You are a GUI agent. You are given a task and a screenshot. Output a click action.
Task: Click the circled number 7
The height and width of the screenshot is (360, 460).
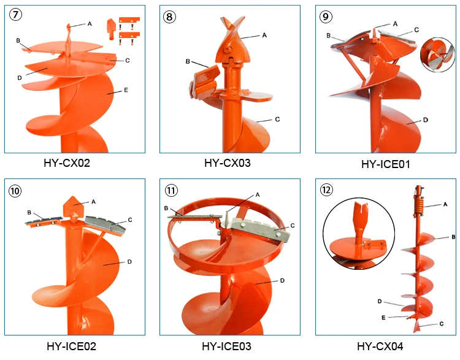15,14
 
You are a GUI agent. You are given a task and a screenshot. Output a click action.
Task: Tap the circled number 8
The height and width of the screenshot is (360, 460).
169,17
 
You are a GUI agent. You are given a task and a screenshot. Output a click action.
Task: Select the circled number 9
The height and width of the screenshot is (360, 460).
326,17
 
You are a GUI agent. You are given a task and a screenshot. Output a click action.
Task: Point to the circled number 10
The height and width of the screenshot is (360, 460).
15,191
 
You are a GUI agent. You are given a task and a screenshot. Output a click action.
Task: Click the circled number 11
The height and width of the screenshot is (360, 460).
171,190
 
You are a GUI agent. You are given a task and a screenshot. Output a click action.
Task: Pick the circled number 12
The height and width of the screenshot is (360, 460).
326,190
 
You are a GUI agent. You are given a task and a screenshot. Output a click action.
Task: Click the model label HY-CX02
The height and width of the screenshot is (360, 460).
67,163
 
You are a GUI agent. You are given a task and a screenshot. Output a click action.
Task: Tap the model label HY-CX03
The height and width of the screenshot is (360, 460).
228,163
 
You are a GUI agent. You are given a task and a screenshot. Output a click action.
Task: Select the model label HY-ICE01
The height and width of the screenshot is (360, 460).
386,164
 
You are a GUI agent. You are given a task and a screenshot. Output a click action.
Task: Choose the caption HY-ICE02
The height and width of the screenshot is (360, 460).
71,347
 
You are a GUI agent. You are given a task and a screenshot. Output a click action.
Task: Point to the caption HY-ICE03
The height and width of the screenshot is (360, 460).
226,347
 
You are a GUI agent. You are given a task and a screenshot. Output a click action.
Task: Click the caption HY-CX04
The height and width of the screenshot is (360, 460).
380,347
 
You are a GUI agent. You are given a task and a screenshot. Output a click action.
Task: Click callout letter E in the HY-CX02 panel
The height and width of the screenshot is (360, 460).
126,90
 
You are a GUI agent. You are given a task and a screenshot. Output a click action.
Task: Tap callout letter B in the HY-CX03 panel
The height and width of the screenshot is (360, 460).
188,61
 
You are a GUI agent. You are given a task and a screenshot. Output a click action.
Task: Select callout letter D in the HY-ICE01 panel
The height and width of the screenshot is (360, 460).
426,120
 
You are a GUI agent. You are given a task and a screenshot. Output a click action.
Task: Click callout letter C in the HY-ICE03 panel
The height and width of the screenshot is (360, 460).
292,225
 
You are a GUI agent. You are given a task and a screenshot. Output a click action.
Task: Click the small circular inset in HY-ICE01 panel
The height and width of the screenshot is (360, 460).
437,55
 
